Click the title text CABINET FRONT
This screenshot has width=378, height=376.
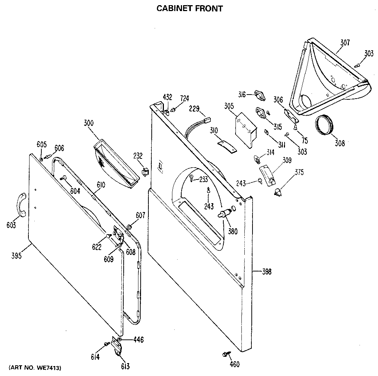pos(189,8)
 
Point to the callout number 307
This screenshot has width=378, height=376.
pos(345,42)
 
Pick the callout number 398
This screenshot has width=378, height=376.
pos(266,272)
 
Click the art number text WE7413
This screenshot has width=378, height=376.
pos(35,368)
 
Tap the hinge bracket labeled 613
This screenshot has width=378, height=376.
pos(117,348)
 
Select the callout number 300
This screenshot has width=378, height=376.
pos(89,123)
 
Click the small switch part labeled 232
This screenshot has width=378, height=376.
pos(145,171)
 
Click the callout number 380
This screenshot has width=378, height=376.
pos(233,232)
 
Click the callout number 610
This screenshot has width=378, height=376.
pos(101,185)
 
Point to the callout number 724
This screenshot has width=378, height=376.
pos(185,98)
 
